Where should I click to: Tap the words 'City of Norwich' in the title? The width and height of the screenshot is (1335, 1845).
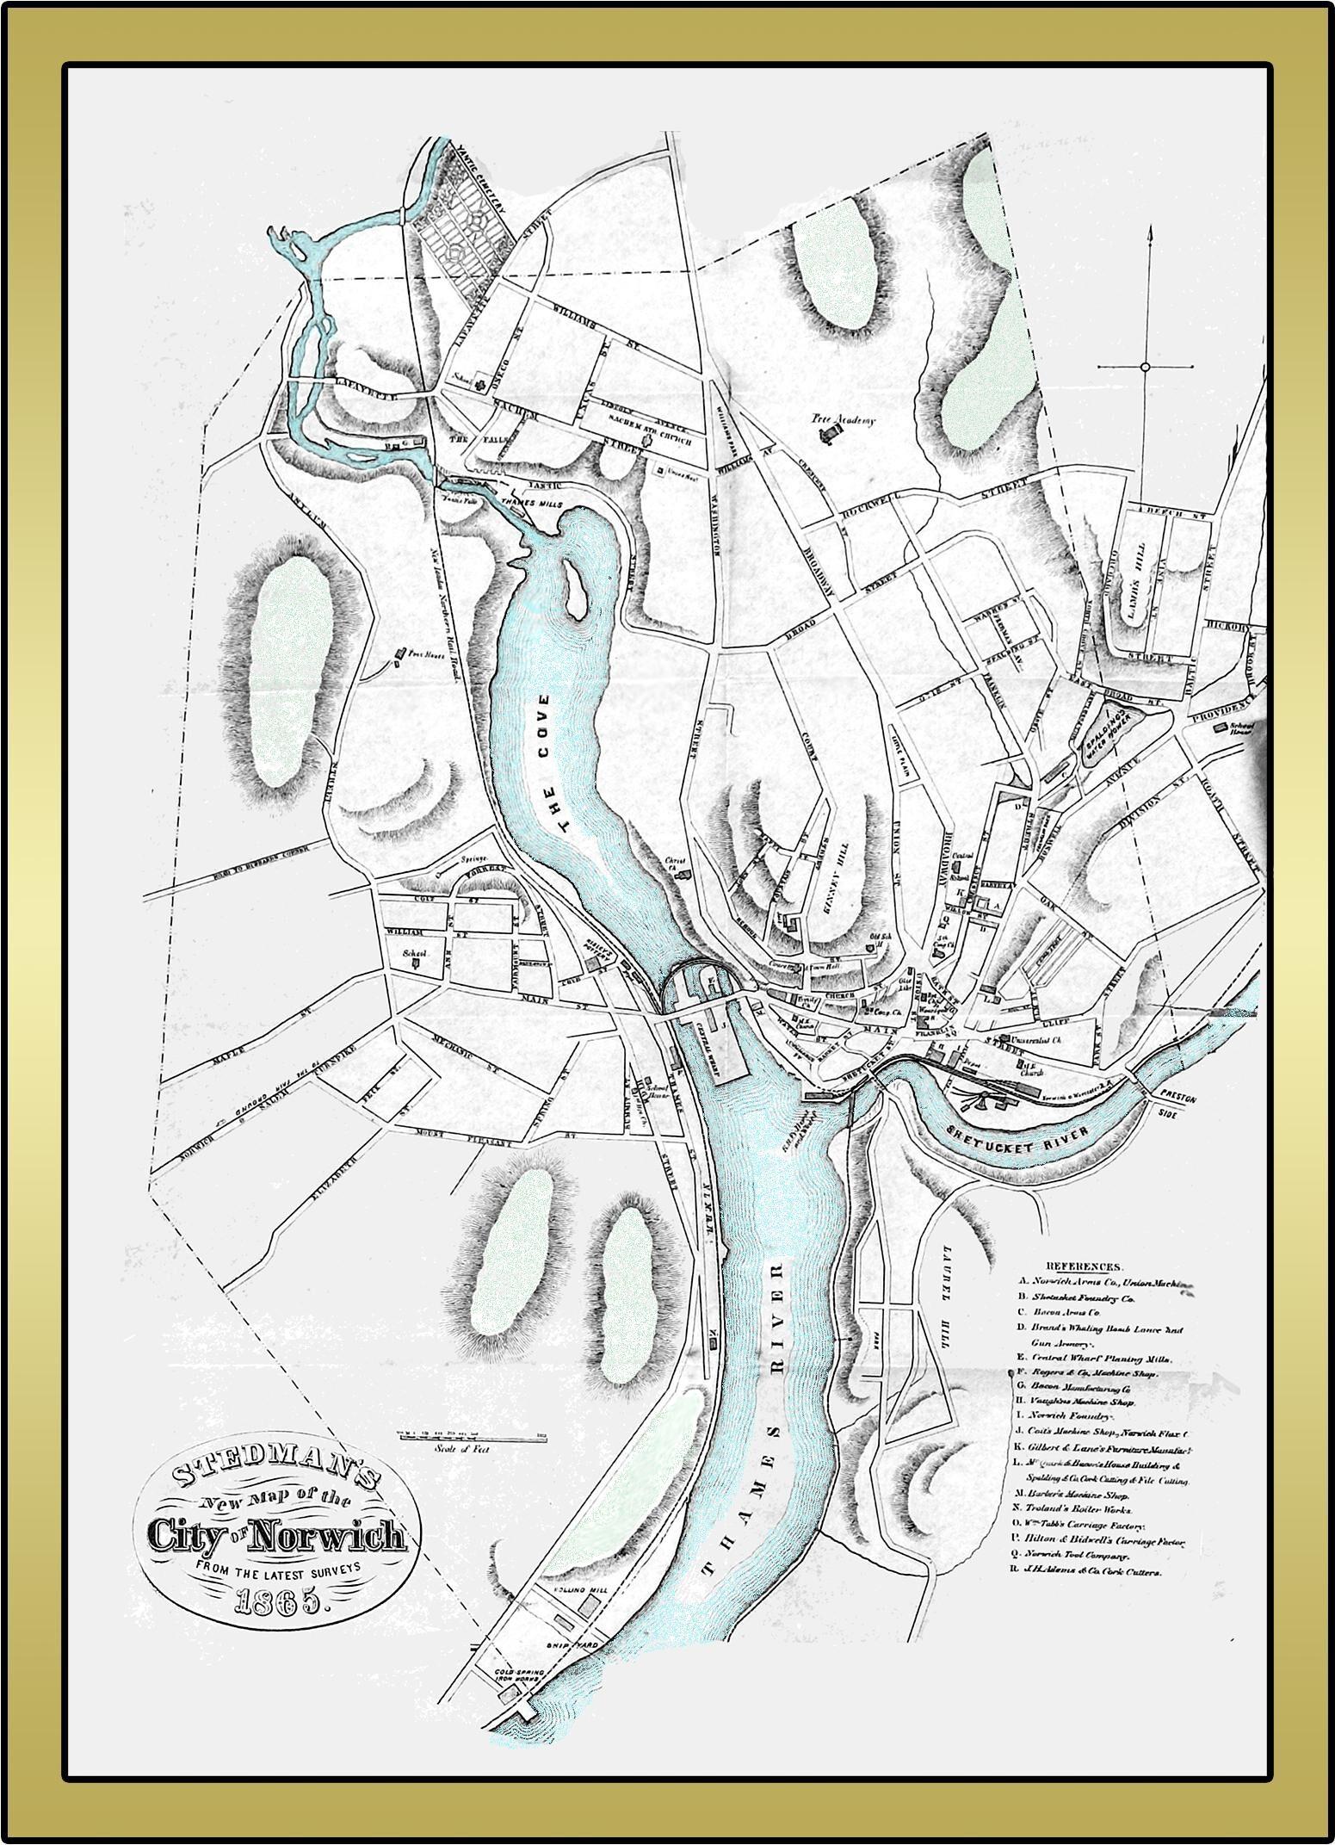tap(276, 1536)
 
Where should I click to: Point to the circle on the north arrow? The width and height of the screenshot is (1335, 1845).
tap(1145, 368)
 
